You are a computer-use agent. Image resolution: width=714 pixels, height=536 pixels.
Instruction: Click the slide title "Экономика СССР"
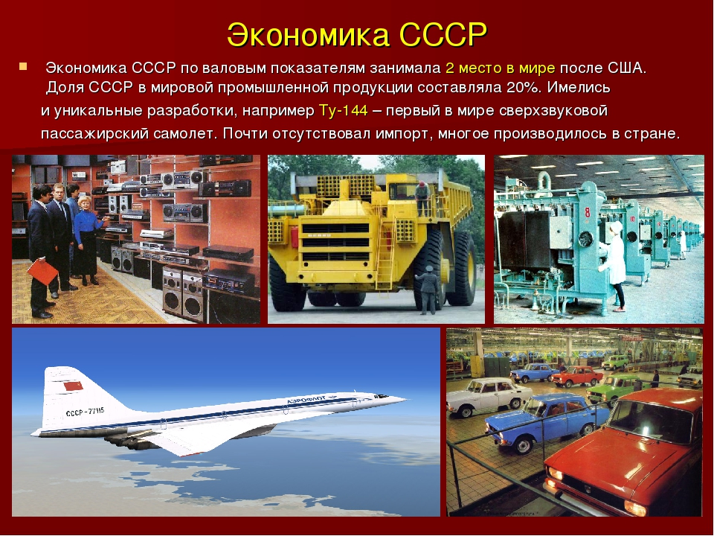point(357,35)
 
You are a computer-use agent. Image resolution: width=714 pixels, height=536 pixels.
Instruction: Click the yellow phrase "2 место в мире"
point(500,68)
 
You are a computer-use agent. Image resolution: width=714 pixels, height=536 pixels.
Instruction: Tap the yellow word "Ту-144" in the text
point(344,111)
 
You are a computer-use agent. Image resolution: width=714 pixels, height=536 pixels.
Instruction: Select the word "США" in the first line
point(625,68)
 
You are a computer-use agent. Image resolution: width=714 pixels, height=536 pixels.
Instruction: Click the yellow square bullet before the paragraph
point(23,66)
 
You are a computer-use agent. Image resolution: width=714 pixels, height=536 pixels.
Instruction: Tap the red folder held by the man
point(43,272)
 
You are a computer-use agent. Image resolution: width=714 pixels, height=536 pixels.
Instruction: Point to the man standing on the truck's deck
point(422,198)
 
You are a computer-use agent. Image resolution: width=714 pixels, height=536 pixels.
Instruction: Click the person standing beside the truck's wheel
point(428,290)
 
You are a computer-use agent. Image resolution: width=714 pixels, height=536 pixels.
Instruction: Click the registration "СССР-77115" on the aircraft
point(85,412)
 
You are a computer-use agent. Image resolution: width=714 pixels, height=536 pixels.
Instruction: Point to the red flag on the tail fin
point(73,386)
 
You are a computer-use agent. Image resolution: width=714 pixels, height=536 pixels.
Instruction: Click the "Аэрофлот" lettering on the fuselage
point(306,401)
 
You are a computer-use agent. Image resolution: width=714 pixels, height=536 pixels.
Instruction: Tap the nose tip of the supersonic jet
point(406,399)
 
